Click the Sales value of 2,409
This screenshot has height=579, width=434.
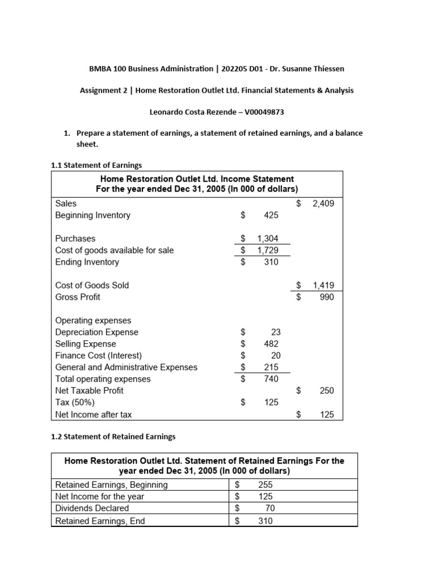(323, 203)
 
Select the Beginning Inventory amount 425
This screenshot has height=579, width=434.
(271, 215)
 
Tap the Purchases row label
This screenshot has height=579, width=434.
(75, 239)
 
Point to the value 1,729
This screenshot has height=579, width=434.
(267, 250)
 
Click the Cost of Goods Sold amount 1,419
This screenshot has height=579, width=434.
(323, 286)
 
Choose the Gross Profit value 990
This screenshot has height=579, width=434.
(327, 297)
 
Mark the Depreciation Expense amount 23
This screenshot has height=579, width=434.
(275, 332)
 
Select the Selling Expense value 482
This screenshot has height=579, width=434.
(271, 344)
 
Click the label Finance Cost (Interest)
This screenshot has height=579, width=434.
(98, 356)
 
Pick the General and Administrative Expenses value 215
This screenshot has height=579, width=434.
(271, 368)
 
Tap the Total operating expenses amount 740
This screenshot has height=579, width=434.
(271, 379)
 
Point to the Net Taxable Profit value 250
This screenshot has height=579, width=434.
(327, 391)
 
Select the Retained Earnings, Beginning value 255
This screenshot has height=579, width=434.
(265, 485)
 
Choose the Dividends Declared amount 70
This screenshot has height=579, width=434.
(269, 508)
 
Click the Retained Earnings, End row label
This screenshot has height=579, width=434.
(99, 521)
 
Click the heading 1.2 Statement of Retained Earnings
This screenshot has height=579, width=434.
(113, 437)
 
